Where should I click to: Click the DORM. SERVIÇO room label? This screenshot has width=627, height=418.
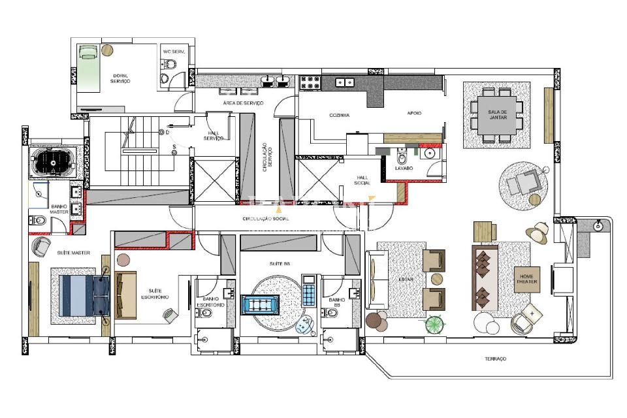120,78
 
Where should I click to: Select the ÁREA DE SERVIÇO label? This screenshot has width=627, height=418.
243,103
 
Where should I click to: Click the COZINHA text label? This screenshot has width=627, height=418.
339,115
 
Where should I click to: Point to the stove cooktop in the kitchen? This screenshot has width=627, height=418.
310,82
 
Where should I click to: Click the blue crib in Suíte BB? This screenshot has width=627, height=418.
261,305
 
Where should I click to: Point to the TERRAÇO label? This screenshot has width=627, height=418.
495,359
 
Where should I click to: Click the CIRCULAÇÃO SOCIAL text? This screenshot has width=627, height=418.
265,219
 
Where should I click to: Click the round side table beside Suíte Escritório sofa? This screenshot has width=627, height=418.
123,260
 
